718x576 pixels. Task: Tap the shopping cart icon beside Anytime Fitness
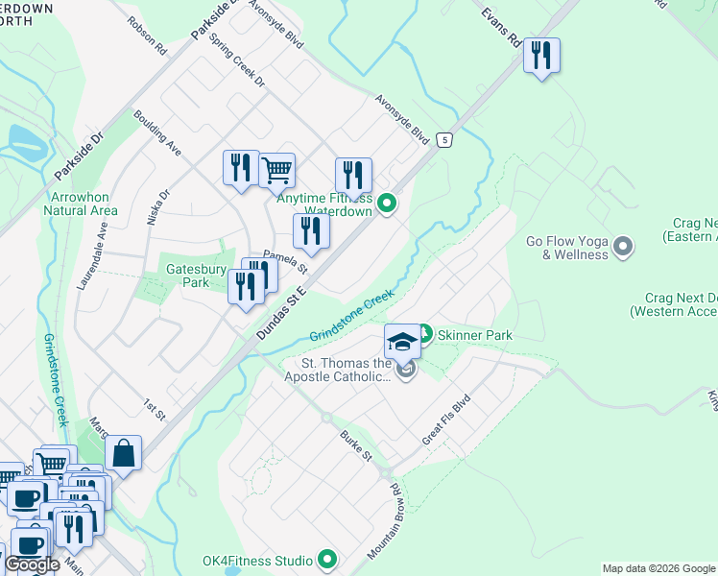tap(276, 170)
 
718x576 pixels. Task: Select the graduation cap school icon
tap(402, 340)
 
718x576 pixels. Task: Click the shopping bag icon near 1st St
tap(124, 452)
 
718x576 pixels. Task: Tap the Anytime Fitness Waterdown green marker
tap(387, 203)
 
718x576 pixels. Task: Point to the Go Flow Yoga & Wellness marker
tap(624, 248)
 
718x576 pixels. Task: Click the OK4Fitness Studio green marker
tap(327, 559)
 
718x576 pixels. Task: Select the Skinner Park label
tap(476, 335)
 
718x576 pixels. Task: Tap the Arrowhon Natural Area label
tap(82, 204)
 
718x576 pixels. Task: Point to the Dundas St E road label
tap(280, 312)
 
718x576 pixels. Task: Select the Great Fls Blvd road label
tap(447, 420)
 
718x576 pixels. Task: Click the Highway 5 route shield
tap(443, 140)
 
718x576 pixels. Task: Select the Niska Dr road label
tap(157, 205)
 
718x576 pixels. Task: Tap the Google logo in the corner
tap(32, 564)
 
